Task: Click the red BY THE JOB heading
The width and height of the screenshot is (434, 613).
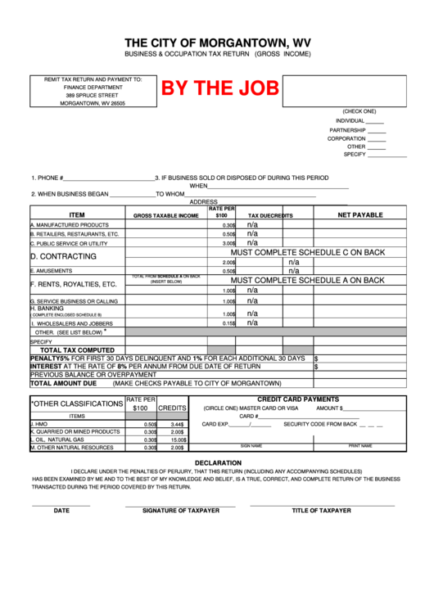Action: click(x=219, y=88)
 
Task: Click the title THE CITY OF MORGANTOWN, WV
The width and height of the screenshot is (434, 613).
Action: click(x=217, y=42)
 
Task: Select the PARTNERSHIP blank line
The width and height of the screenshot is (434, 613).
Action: click(x=377, y=130)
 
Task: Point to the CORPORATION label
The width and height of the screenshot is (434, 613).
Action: click(x=346, y=138)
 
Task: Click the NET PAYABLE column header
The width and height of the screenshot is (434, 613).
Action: click(x=360, y=214)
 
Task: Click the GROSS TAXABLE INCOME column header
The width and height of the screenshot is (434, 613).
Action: click(x=166, y=215)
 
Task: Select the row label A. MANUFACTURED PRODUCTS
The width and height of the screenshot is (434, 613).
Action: click(x=70, y=224)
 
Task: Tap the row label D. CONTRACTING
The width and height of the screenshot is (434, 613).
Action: click(x=63, y=256)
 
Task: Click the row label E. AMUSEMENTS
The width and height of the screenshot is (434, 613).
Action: click(x=52, y=270)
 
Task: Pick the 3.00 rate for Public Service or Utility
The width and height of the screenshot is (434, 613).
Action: click(x=228, y=243)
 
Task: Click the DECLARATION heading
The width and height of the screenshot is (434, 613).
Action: click(x=217, y=463)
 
